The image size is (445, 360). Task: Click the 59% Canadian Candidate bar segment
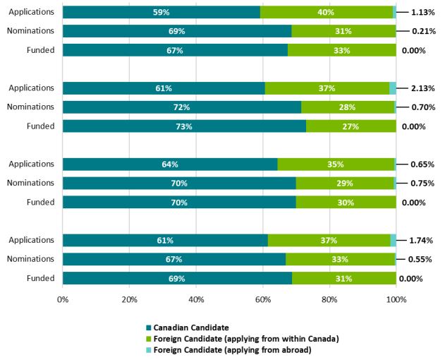pos(161,12)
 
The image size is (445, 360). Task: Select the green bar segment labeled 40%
pos(326,12)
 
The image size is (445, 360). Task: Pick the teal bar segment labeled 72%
pos(181,107)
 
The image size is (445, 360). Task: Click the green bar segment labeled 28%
pos(347,107)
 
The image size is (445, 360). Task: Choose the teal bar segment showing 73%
pos(184,126)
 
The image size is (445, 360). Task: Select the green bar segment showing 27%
pos(350,126)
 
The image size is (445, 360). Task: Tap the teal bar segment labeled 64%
pos(169,164)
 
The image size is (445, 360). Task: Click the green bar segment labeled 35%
pos(335,164)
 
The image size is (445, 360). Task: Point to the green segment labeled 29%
pos(344,184)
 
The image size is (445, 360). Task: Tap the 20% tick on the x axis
pos(129,299)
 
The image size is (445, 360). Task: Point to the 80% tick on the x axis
pos(329,299)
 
